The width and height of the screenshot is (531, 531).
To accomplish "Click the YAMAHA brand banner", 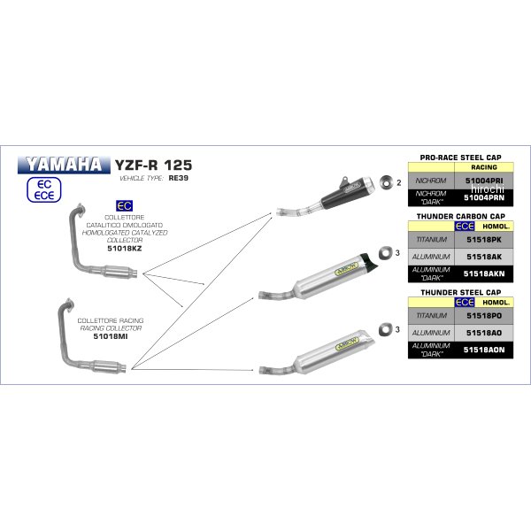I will [x=88, y=165].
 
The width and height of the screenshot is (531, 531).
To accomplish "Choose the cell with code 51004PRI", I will [x=489, y=179].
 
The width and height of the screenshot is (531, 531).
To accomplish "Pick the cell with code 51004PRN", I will [x=489, y=197].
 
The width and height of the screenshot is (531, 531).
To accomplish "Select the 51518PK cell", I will [x=489, y=239].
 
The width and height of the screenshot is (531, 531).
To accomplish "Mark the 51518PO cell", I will [x=489, y=314].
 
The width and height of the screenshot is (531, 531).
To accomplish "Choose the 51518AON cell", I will [x=489, y=350].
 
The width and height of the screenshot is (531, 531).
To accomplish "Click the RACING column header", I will [x=489, y=165].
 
